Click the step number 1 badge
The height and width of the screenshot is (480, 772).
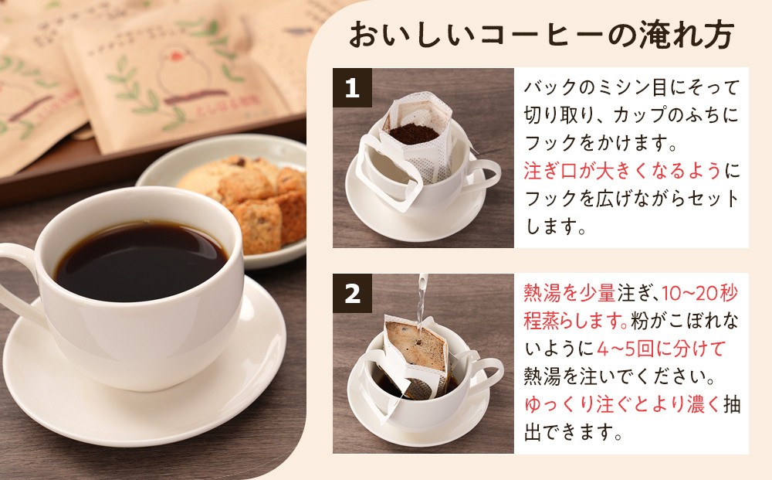pos(352,87)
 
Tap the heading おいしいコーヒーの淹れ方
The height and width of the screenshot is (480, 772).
pos(541,36)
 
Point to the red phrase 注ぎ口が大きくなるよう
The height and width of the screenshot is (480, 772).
pos(622,171)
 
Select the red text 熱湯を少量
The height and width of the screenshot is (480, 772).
pos(569,293)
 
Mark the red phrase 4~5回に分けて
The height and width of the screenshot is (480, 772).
pos(662,349)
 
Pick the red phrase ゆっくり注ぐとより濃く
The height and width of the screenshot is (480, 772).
pos(622,404)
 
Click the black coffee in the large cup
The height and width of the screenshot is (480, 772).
pos(141,260)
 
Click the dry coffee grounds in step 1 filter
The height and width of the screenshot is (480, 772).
pos(414,134)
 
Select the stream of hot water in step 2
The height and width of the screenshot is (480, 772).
pos(422,305)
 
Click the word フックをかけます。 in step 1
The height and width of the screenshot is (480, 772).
pos(601,143)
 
